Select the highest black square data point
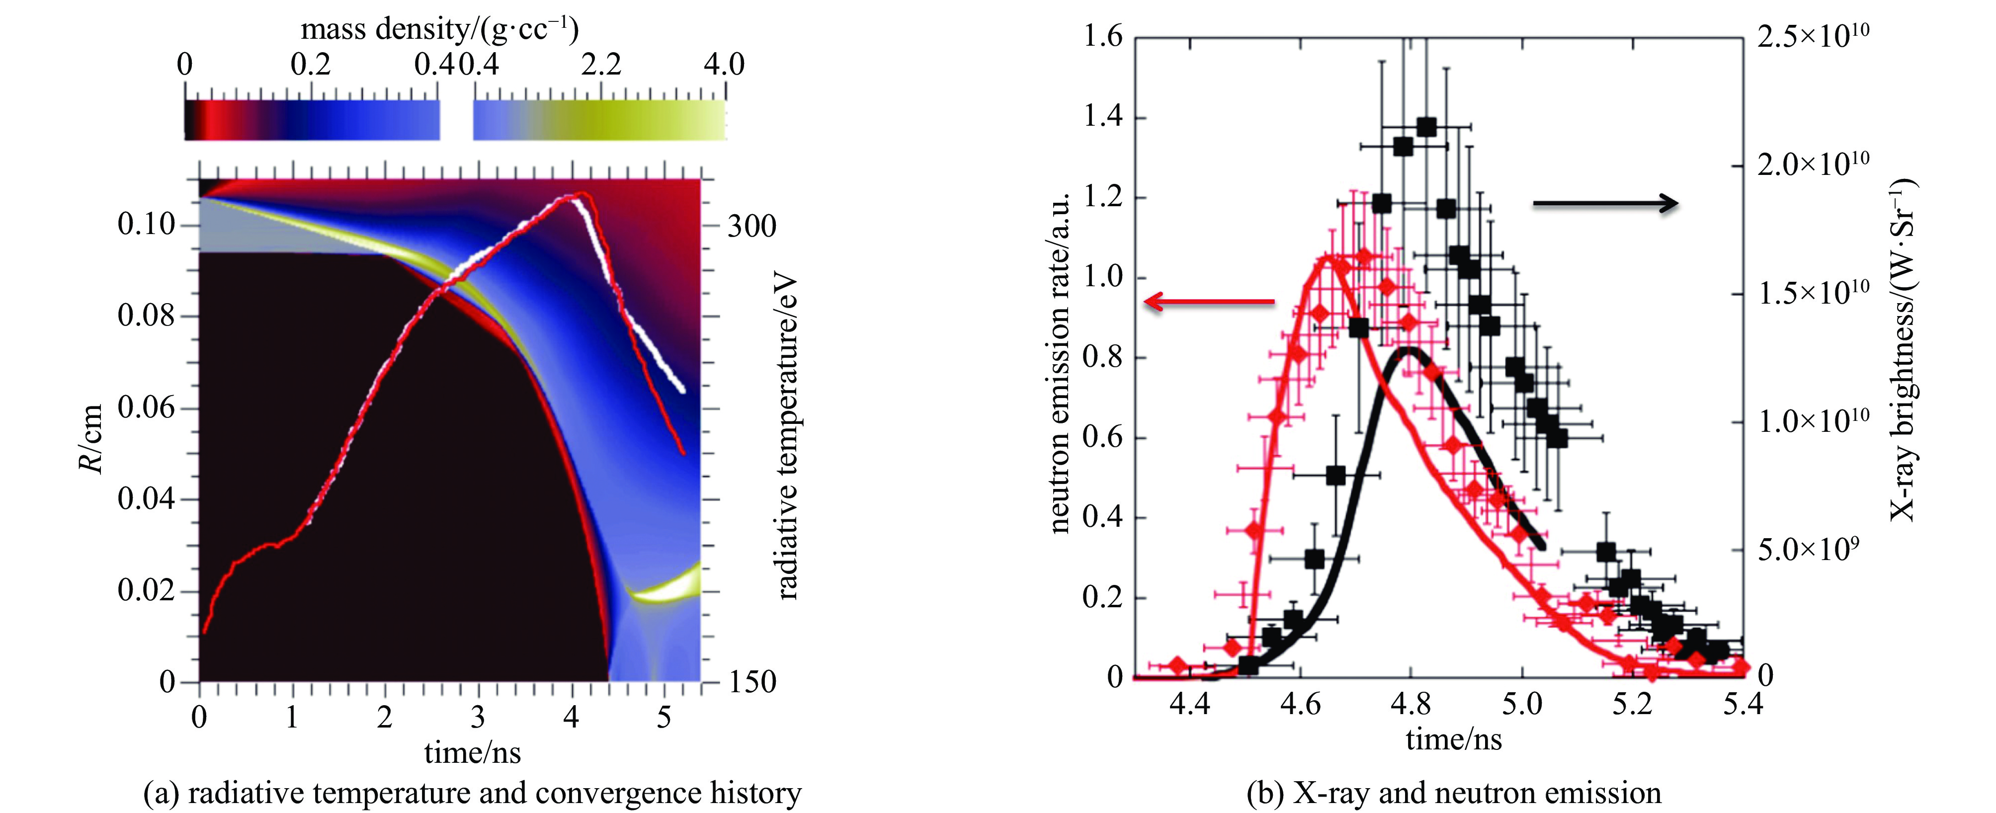pyautogui.click(x=1426, y=127)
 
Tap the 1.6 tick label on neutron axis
pyautogui.click(x=1102, y=36)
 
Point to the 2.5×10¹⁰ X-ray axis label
pyautogui.click(x=1813, y=36)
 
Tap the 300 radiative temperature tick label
pyautogui.click(x=751, y=226)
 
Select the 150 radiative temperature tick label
pyautogui.click(x=751, y=682)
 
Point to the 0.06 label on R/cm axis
pyautogui.click(x=147, y=407)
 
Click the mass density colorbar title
pyautogui.click(x=439, y=29)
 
